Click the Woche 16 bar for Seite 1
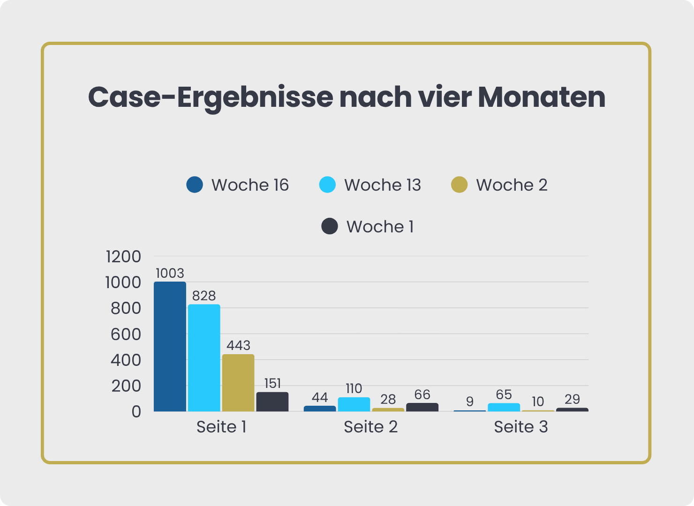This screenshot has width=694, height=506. pyautogui.click(x=170, y=347)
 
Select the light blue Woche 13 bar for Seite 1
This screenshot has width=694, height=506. pyautogui.click(x=204, y=358)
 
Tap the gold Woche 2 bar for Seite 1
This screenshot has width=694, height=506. pyautogui.click(x=238, y=383)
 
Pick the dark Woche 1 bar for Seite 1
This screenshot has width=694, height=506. pyautogui.click(x=272, y=402)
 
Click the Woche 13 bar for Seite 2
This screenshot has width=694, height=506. pyautogui.click(x=354, y=404)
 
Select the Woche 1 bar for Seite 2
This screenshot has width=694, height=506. pyautogui.click(x=422, y=407)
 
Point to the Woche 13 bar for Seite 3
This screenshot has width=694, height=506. pyautogui.click(x=504, y=407)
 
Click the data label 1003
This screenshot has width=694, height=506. pyautogui.click(x=170, y=273)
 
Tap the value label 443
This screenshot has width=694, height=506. pyautogui.click(x=238, y=345)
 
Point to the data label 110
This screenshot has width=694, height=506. pyautogui.click(x=354, y=388)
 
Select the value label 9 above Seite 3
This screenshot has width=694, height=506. pyautogui.click(x=470, y=402)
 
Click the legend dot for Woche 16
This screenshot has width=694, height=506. pyautogui.click(x=195, y=185)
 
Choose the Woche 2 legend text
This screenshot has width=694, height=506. pyautogui.click(x=512, y=185)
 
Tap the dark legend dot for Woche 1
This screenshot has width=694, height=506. pyautogui.click(x=330, y=226)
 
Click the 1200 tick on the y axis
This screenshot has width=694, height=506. pyautogui.click(x=123, y=257)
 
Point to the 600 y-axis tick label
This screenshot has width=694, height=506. pyautogui.click(x=125, y=335)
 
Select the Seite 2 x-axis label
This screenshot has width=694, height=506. pyautogui.click(x=370, y=427)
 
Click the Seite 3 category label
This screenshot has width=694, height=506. pyautogui.click(x=520, y=427)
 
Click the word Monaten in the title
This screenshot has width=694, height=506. pyautogui.click(x=542, y=97)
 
